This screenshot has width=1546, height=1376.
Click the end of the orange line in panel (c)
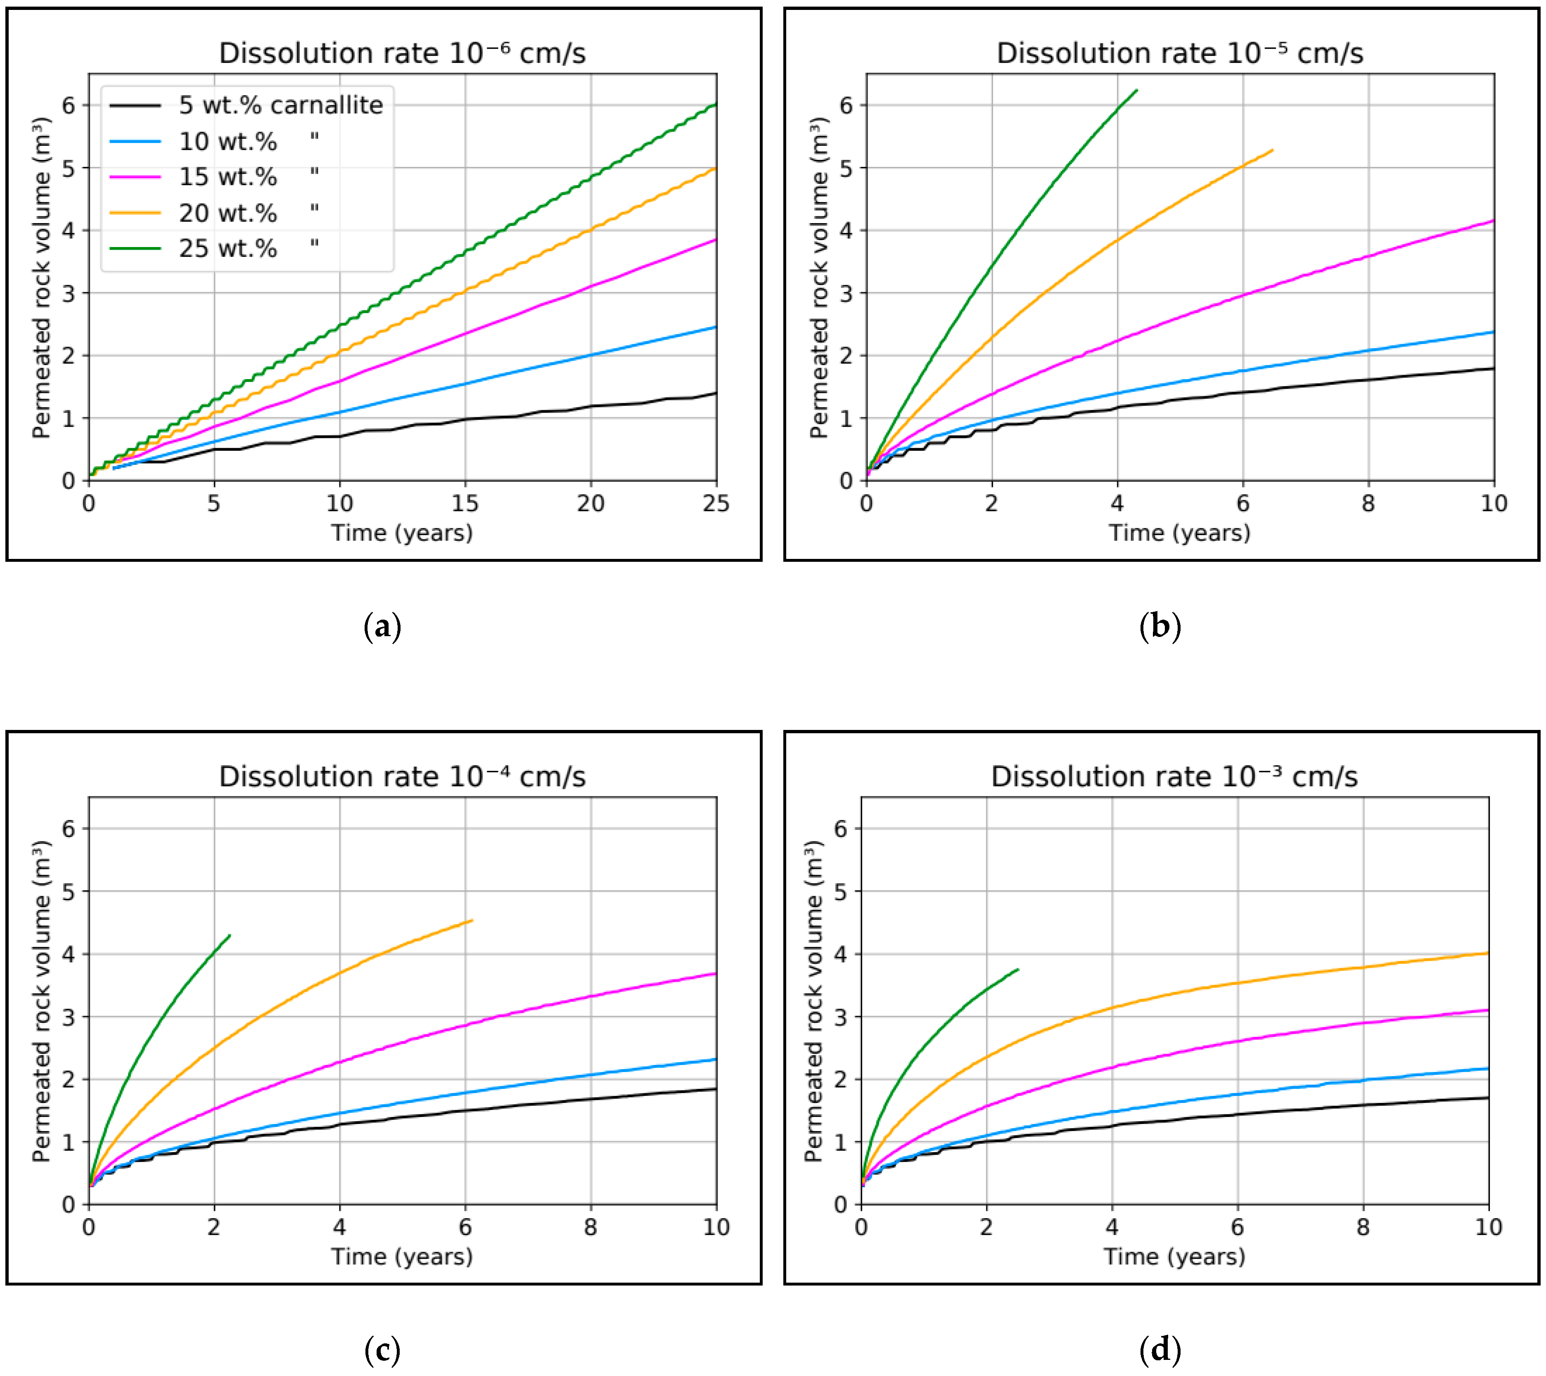472,921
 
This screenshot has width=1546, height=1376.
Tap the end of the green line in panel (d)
1018,970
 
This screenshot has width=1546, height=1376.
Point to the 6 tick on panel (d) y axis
840,829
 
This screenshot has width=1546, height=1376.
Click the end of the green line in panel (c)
229,936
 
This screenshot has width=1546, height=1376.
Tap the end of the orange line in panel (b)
1272,150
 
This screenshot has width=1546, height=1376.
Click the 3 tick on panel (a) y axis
69,293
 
